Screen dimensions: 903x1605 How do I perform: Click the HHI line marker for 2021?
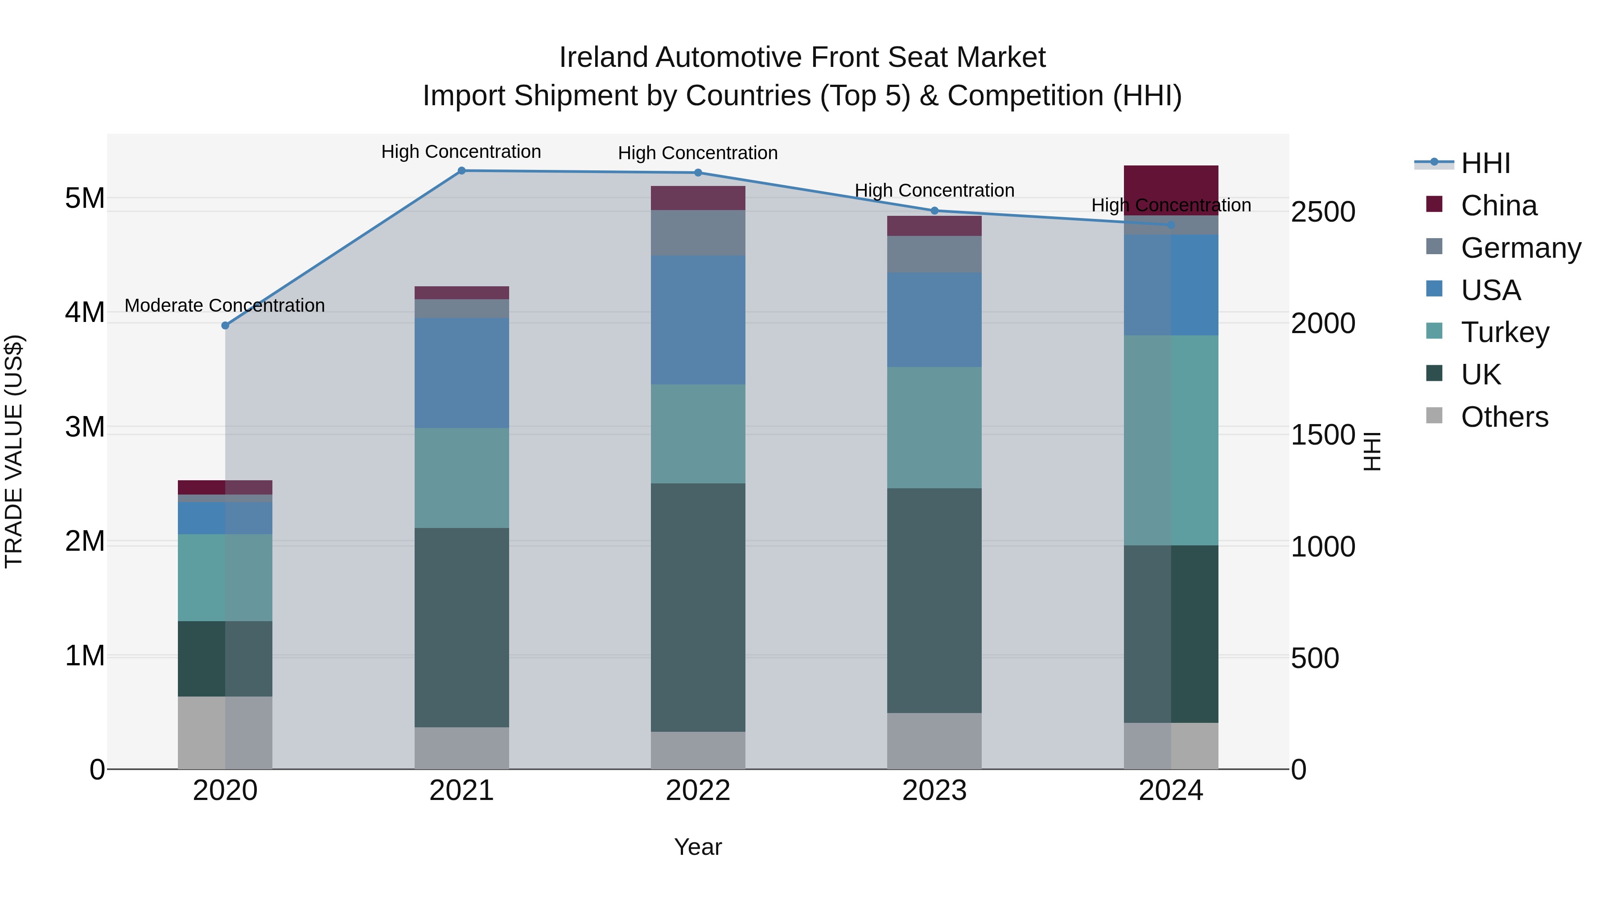[462, 171]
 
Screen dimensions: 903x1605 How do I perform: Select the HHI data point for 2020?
[226, 326]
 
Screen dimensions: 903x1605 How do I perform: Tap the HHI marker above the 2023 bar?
[934, 210]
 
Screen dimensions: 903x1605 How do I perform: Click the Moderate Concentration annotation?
[225, 305]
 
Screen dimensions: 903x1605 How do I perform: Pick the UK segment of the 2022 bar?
[698, 608]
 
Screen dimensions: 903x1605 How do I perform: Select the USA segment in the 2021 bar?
[462, 373]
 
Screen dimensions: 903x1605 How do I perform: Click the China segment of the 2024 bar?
[1171, 190]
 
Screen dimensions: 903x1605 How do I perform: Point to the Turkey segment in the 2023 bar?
[934, 428]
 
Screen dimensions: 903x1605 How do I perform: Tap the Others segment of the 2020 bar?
[225, 733]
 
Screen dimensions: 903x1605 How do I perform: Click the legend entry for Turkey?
[1505, 332]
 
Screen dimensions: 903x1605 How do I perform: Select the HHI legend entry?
[1486, 163]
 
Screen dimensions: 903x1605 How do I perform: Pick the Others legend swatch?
[1434, 416]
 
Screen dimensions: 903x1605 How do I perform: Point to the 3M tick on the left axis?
[85, 428]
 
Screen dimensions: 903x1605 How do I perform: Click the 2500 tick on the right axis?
[1323, 212]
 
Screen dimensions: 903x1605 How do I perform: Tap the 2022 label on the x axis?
[698, 791]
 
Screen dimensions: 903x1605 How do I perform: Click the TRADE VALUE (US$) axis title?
[14, 452]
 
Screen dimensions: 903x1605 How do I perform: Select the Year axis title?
[698, 847]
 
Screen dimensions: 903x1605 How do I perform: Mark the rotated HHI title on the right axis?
[1373, 452]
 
